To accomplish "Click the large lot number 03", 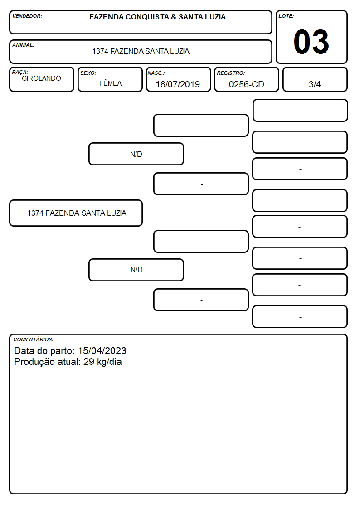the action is click(311, 42).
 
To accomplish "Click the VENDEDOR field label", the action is click(27, 16).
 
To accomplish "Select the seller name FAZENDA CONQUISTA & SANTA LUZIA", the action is click(157, 17).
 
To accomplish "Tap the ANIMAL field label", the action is click(24, 45).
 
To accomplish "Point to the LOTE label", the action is click(286, 16).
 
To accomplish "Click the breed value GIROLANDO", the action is click(41, 78).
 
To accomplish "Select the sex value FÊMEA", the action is click(110, 83).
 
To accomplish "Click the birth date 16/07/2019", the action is click(178, 84).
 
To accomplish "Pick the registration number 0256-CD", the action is click(246, 84).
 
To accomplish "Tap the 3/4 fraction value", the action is click(315, 84).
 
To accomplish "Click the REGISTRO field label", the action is click(231, 73).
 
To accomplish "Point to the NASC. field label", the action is click(156, 73).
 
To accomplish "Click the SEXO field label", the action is click(88, 73).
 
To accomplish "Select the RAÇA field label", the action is click(20, 72).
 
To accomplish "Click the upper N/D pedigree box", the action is click(136, 154).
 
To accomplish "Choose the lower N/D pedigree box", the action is click(136, 270).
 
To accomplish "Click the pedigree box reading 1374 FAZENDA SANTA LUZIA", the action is click(76, 213).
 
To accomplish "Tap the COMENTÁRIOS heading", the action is click(34, 339).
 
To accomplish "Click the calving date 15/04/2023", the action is click(102, 350).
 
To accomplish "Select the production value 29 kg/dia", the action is click(102, 362).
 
